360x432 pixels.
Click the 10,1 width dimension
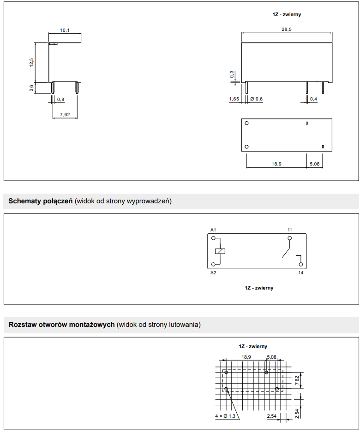[x=65, y=30]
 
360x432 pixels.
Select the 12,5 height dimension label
[x=32, y=63]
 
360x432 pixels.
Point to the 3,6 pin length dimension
[x=32, y=88]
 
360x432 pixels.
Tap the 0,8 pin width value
[x=61, y=100]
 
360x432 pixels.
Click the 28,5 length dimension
[x=287, y=30]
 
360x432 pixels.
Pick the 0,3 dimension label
[x=232, y=74]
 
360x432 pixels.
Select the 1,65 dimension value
[x=234, y=100]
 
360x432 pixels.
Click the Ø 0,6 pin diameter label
[x=256, y=100]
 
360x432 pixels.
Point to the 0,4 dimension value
[x=313, y=100]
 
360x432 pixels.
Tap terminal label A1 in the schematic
[x=213, y=230]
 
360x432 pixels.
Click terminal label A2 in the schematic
[x=213, y=273]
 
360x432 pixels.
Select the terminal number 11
[x=289, y=230]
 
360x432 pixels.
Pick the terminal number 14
[x=300, y=273]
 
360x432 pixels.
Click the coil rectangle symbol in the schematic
[x=220, y=251]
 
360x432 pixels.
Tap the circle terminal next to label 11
[x=290, y=238]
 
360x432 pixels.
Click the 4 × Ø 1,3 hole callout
[x=225, y=416]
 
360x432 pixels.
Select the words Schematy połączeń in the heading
[x=41, y=201]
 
